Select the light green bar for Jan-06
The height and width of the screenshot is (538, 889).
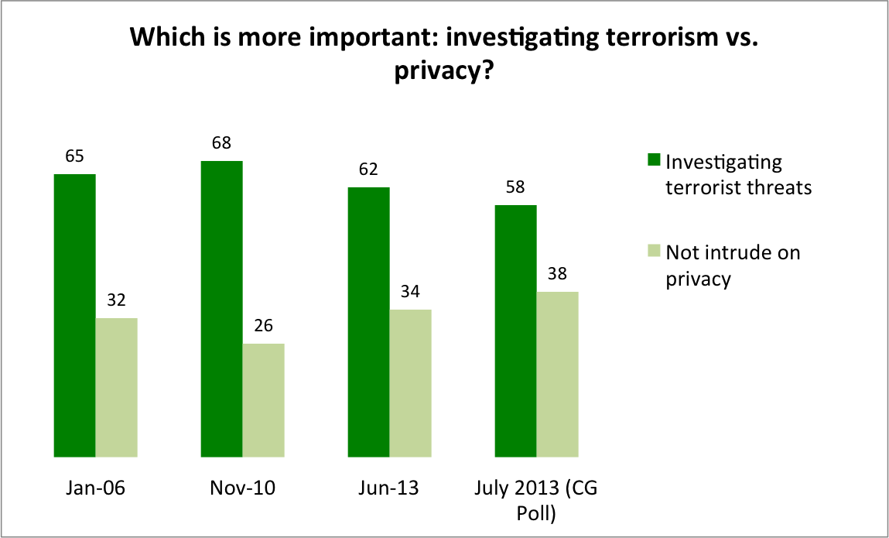coord(116,386)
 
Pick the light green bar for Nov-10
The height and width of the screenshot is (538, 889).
coord(263,399)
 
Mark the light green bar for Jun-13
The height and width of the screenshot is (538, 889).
coord(410,382)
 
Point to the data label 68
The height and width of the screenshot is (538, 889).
coord(221,143)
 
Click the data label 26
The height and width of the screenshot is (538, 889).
coord(263,326)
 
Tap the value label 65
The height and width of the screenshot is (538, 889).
coord(74,156)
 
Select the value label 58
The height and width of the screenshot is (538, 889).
coord(515,187)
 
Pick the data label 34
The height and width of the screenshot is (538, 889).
coord(410,292)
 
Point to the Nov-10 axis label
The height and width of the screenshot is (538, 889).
coord(242,489)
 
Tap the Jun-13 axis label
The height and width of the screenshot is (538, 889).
coord(389,489)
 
